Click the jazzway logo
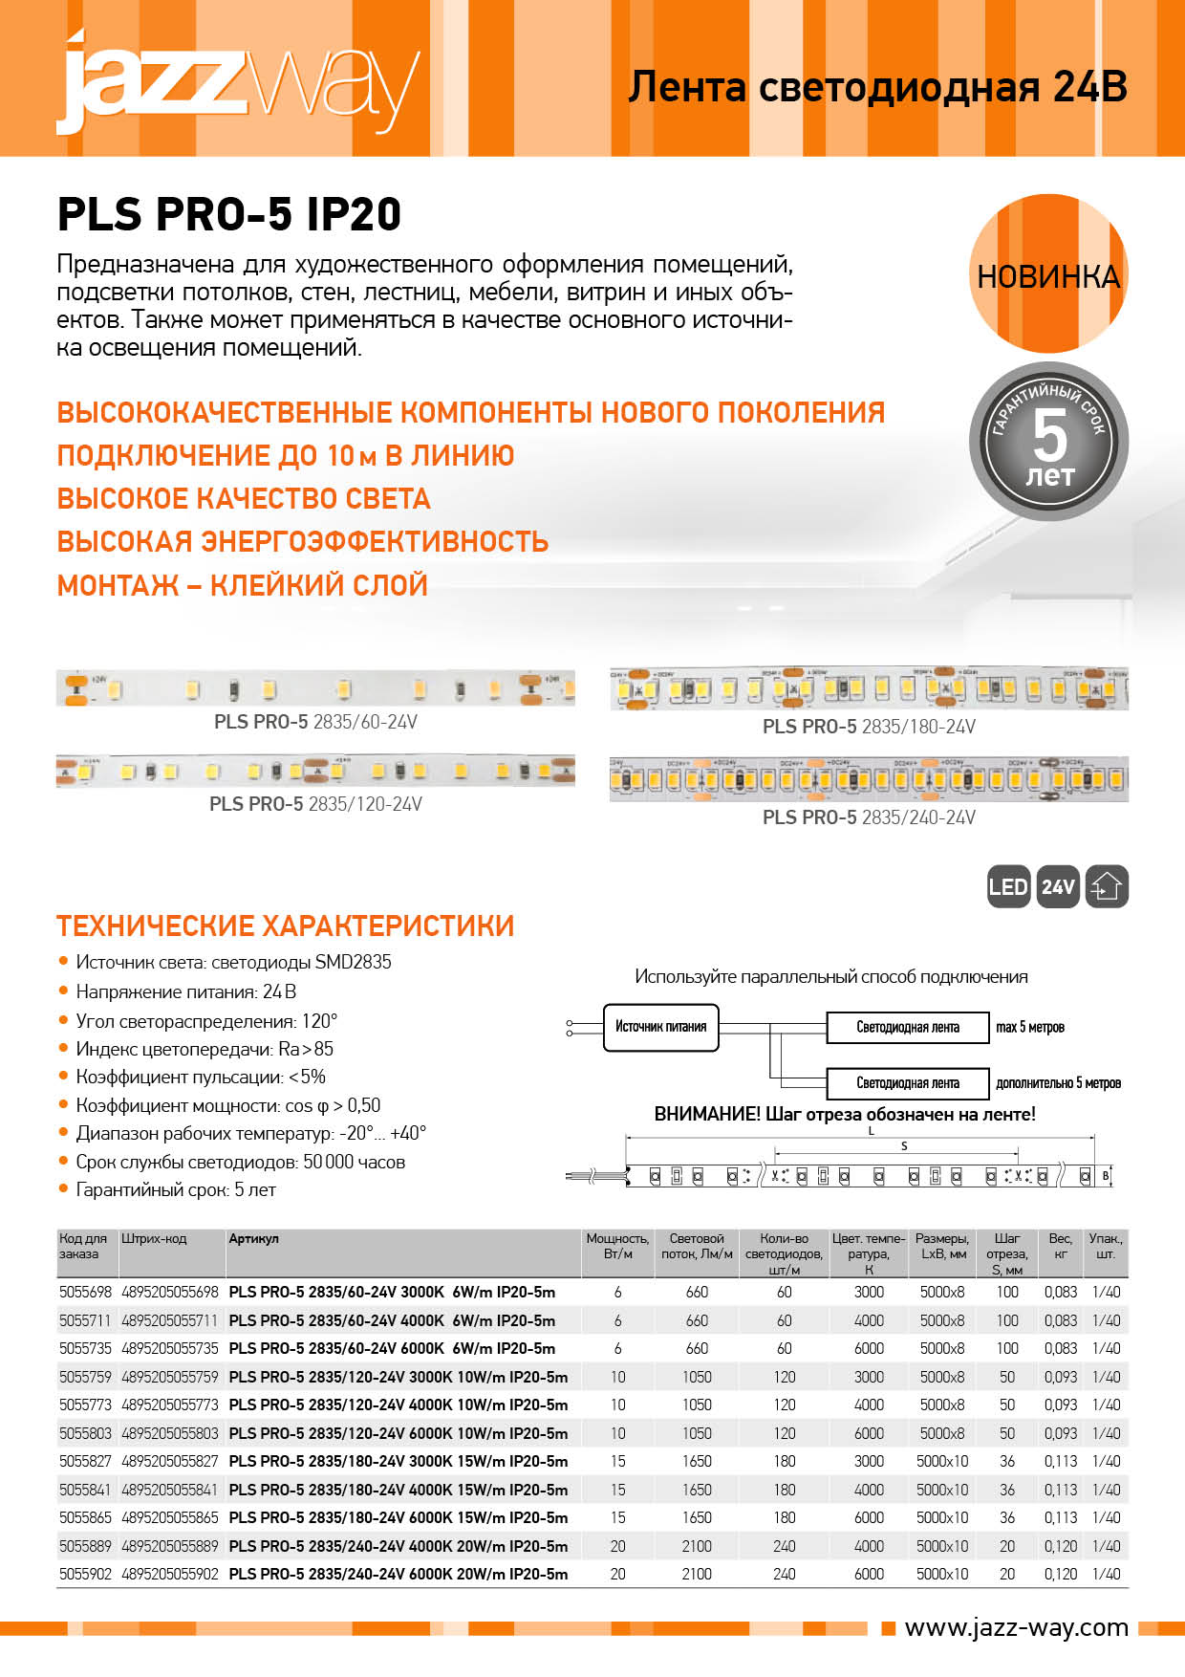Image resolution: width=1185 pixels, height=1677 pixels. (x=239, y=84)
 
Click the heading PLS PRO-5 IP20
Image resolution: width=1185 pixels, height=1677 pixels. (x=229, y=214)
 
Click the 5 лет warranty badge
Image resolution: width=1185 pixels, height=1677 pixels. (x=1048, y=443)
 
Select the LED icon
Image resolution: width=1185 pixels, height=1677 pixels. (x=1007, y=886)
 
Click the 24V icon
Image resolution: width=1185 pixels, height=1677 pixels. (x=1057, y=886)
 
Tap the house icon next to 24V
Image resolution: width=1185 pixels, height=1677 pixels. (x=1107, y=886)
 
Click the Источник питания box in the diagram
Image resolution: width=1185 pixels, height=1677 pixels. (x=660, y=1027)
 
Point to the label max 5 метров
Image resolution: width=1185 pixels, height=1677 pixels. (x=1029, y=1027)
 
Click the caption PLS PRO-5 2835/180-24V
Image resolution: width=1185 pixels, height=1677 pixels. (x=869, y=727)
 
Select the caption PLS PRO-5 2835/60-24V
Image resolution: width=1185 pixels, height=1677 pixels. (x=315, y=722)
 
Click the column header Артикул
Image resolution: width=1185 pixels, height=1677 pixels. (x=254, y=1238)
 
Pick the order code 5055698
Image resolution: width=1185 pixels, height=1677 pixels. (x=85, y=1292)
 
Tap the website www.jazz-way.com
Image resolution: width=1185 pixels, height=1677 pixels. (x=1016, y=1627)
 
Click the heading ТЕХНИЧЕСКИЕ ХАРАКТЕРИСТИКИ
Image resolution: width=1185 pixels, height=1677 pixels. (x=285, y=926)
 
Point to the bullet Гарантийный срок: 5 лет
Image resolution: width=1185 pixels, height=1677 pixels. (x=175, y=1189)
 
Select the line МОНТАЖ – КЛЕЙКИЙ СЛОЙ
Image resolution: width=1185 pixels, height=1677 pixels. (x=243, y=585)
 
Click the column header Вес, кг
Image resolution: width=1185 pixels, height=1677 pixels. (x=1060, y=1245)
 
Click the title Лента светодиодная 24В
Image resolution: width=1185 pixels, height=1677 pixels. (x=876, y=87)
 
